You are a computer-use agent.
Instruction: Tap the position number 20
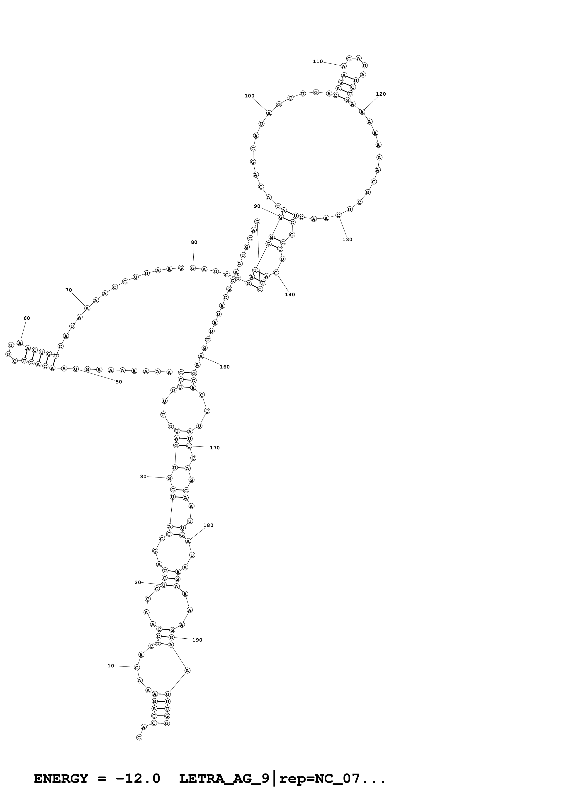pyautogui.click(x=138, y=582)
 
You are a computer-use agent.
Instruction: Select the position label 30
pyautogui.click(x=143, y=476)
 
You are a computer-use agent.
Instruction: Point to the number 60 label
pyautogui.click(x=27, y=318)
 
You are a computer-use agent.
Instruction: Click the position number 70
pyautogui.click(x=68, y=290)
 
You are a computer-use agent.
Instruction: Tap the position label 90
pyautogui.click(x=257, y=206)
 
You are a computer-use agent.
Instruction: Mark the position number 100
pyautogui.click(x=249, y=96)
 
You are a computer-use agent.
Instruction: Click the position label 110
pyautogui.click(x=318, y=61)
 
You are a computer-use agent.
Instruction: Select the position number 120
pyautogui.click(x=381, y=94)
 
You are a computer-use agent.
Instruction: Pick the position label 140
pyautogui.click(x=290, y=294)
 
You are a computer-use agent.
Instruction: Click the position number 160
pyautogui.click(x=224, y=367)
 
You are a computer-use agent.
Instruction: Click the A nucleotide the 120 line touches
pyautogui.click(x=362, y=111)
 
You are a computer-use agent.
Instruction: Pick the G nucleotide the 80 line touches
pyautogui.click(x=193, y=268)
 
